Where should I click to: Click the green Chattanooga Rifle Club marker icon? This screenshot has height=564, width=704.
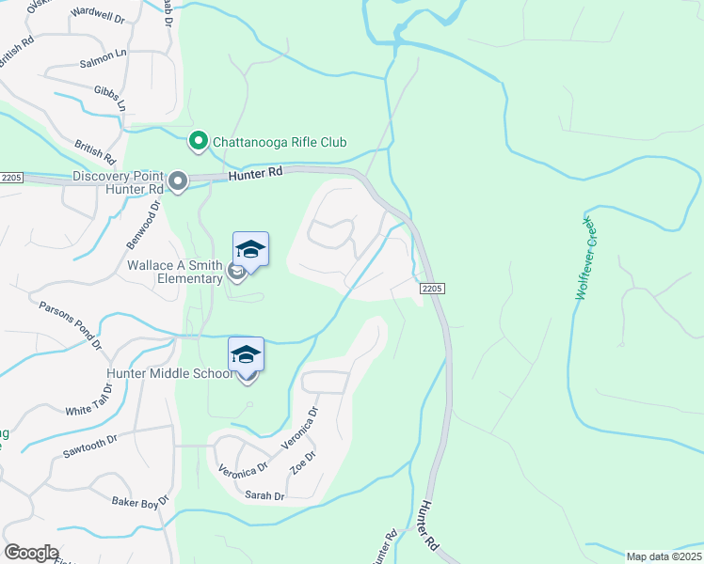point(199,142)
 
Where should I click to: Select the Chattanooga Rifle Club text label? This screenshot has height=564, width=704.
point(280,143)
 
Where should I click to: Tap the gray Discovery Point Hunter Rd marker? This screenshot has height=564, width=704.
point(177,180)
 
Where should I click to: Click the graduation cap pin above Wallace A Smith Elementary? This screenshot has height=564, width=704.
point(250,250)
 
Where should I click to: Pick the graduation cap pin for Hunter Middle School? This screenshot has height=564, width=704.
point(246,354)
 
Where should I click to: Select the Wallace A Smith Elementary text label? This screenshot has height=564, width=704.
point(176,272)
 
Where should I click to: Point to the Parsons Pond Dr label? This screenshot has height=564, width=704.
point(71,325)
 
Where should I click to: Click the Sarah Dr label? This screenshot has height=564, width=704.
point(264,495)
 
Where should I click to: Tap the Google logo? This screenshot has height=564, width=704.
point(31,553)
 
